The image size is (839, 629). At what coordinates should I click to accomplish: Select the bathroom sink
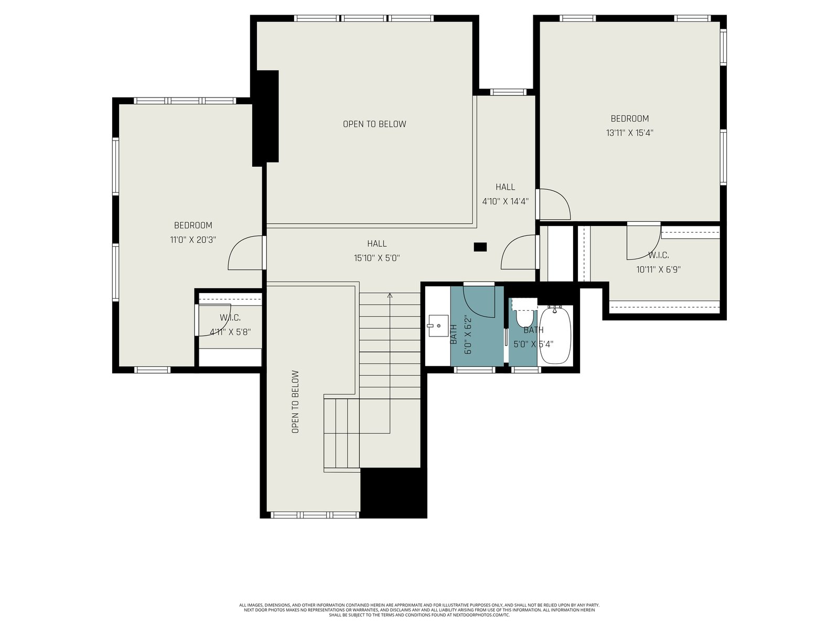pos(438,326)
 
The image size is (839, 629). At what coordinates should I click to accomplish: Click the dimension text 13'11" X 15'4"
pos(630,133)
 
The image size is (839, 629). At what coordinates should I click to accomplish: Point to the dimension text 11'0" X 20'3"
pos(193,240)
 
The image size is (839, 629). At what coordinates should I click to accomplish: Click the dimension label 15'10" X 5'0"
pos(377,258)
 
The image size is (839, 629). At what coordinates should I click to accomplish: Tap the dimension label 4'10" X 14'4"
pos(505,201)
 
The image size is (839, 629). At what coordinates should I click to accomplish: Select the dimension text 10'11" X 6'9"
pos(658,269)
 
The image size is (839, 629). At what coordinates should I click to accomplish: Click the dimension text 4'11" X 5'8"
pos(230,332)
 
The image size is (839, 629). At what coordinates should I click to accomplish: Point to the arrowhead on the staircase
pos(390,295)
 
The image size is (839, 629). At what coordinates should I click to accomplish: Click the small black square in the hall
pos(480,247)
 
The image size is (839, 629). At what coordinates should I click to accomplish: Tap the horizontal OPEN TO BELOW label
pos(374,124)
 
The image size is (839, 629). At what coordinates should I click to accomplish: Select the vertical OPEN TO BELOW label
pos(295,402)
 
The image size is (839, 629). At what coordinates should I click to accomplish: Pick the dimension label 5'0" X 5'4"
pos(533,344)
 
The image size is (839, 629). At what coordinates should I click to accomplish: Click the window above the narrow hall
pos(508,92)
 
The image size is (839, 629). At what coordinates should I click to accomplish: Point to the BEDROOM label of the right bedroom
pos(630,118)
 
